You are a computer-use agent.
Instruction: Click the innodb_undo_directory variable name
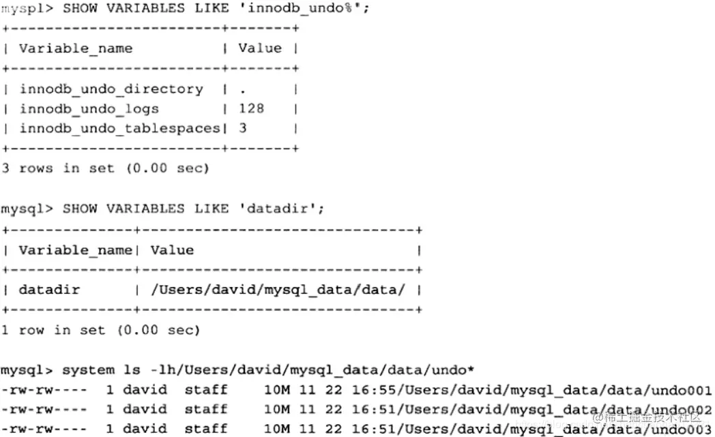click(x=111, y=89)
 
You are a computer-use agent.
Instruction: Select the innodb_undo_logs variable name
click(x=89, y=109)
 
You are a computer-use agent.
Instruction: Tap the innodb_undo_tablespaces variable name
click(x=120, y=129)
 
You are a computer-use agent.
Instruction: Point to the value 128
click(x=251, y=109)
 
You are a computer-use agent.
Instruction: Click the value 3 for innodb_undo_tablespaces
click(x=243, y=129)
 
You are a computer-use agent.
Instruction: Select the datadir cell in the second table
click(x=49, y=290)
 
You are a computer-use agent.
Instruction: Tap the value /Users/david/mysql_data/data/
click(x=278, y=290)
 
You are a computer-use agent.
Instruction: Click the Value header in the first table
click(x=259, y=48)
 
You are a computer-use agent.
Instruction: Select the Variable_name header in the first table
click(x=76, y=49)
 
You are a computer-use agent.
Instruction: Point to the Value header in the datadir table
click(x=172, y=250)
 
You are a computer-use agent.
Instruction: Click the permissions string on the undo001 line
click(x=44, y=391)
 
